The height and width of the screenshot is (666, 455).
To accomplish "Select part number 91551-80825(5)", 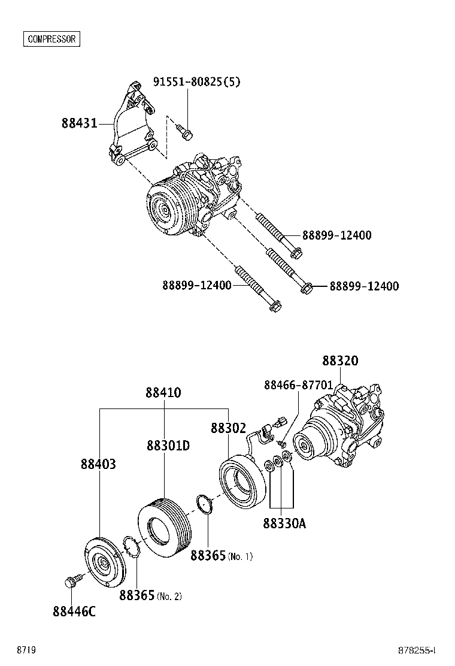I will point(196,82).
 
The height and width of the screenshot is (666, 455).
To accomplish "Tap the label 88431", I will point(79,124).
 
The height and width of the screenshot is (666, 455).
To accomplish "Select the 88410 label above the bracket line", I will point(163,393).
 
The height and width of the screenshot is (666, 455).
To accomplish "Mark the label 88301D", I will point(168,446).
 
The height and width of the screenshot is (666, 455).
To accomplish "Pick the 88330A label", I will point(284,523).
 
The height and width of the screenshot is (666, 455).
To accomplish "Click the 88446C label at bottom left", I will point(74,611).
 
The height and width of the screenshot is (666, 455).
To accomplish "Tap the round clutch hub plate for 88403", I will point(103,563).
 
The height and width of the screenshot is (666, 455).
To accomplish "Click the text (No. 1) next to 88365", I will point(240,557).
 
